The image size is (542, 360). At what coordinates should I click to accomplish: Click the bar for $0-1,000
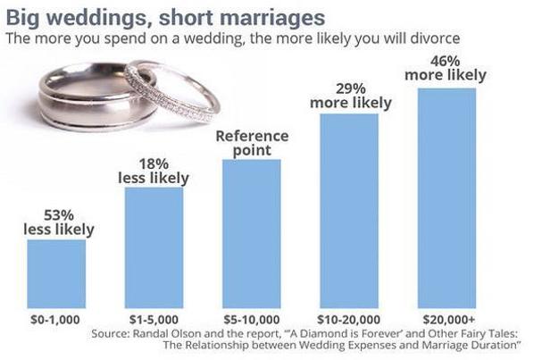56,272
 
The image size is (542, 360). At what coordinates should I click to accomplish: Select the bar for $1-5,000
154,246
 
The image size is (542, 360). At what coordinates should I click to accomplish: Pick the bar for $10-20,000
348,209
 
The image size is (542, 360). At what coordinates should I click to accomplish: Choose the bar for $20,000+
446,197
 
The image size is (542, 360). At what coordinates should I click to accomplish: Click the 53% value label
58,215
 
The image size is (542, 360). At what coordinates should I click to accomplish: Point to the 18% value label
154,164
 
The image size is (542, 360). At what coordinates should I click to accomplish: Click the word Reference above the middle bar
253,136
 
